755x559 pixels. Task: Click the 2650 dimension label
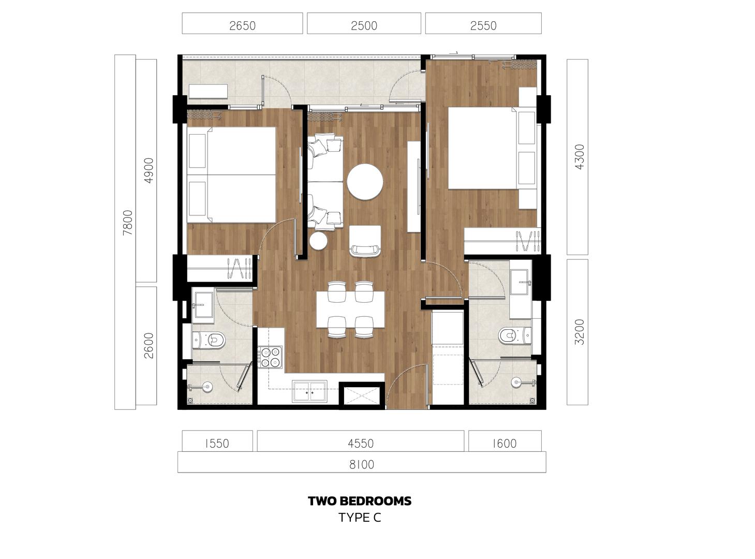coord(242,25)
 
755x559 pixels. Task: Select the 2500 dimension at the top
coord(364,25)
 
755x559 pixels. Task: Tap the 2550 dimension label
coord(483,25)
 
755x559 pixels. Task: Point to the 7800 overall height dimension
coord(128,223)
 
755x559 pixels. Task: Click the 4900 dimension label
coord(149,171)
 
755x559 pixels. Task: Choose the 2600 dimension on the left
coord(149,346)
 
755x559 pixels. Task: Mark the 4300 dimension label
coord(579,157)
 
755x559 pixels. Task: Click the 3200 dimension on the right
coord(579,332)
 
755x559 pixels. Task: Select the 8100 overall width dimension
coord(362,464)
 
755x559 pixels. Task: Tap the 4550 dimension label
coord(361,443)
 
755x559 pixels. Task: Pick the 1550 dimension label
coord(217,443)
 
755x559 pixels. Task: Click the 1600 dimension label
coord(505,443)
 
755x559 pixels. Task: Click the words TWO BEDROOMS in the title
coord(360,501)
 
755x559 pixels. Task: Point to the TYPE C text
coord(360,518)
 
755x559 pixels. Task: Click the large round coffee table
coord(365,182)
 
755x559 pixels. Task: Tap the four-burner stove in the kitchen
coord(270,357)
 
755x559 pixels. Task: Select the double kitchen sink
coord(309,391)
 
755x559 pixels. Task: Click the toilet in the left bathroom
coord(209,340)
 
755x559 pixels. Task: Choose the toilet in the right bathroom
coord(515,335)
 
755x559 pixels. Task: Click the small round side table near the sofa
coord(318,241)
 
